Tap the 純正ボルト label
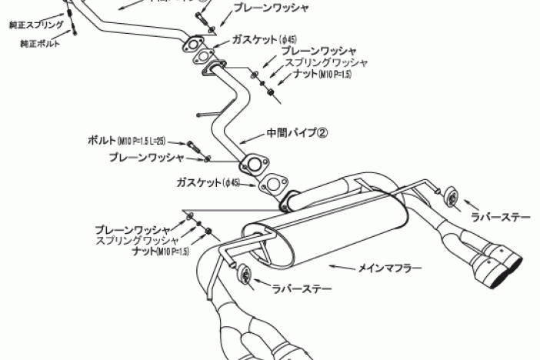pos(39,44)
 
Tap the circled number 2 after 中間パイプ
pos(323,132)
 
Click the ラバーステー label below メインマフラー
pos(302,289)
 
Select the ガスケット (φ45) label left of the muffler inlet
pos(208,183)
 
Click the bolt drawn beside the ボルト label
pos(194,145)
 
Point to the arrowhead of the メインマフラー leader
pos(332,265)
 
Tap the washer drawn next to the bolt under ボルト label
pos(208,158)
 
